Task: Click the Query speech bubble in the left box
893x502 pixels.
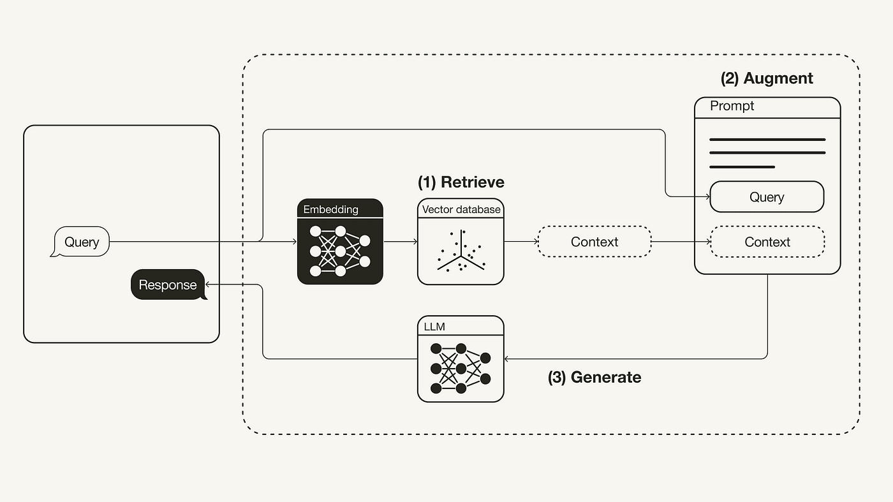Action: click(80, 242)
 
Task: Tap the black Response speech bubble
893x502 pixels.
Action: click(168, 285)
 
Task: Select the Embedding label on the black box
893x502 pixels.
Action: click(330, 209)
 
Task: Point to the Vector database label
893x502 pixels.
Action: click(461, 209)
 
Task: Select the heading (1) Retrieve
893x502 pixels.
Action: click(461, 182)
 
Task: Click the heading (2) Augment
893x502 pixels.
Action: click(767, 78)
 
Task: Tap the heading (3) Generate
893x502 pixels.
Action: click(594, 377)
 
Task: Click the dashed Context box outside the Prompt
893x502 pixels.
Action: click(594, 242)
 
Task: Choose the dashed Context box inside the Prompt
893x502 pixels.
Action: click(767, 242)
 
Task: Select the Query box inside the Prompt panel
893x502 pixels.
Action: click(767, 197)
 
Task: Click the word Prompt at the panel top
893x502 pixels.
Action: click(732, 106)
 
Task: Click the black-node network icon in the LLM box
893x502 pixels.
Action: click(460, 369)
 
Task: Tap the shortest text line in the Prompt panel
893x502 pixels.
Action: click(742, 167)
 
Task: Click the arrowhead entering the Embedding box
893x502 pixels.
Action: click(294, 242)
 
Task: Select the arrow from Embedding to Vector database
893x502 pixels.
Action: click(400, 242)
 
